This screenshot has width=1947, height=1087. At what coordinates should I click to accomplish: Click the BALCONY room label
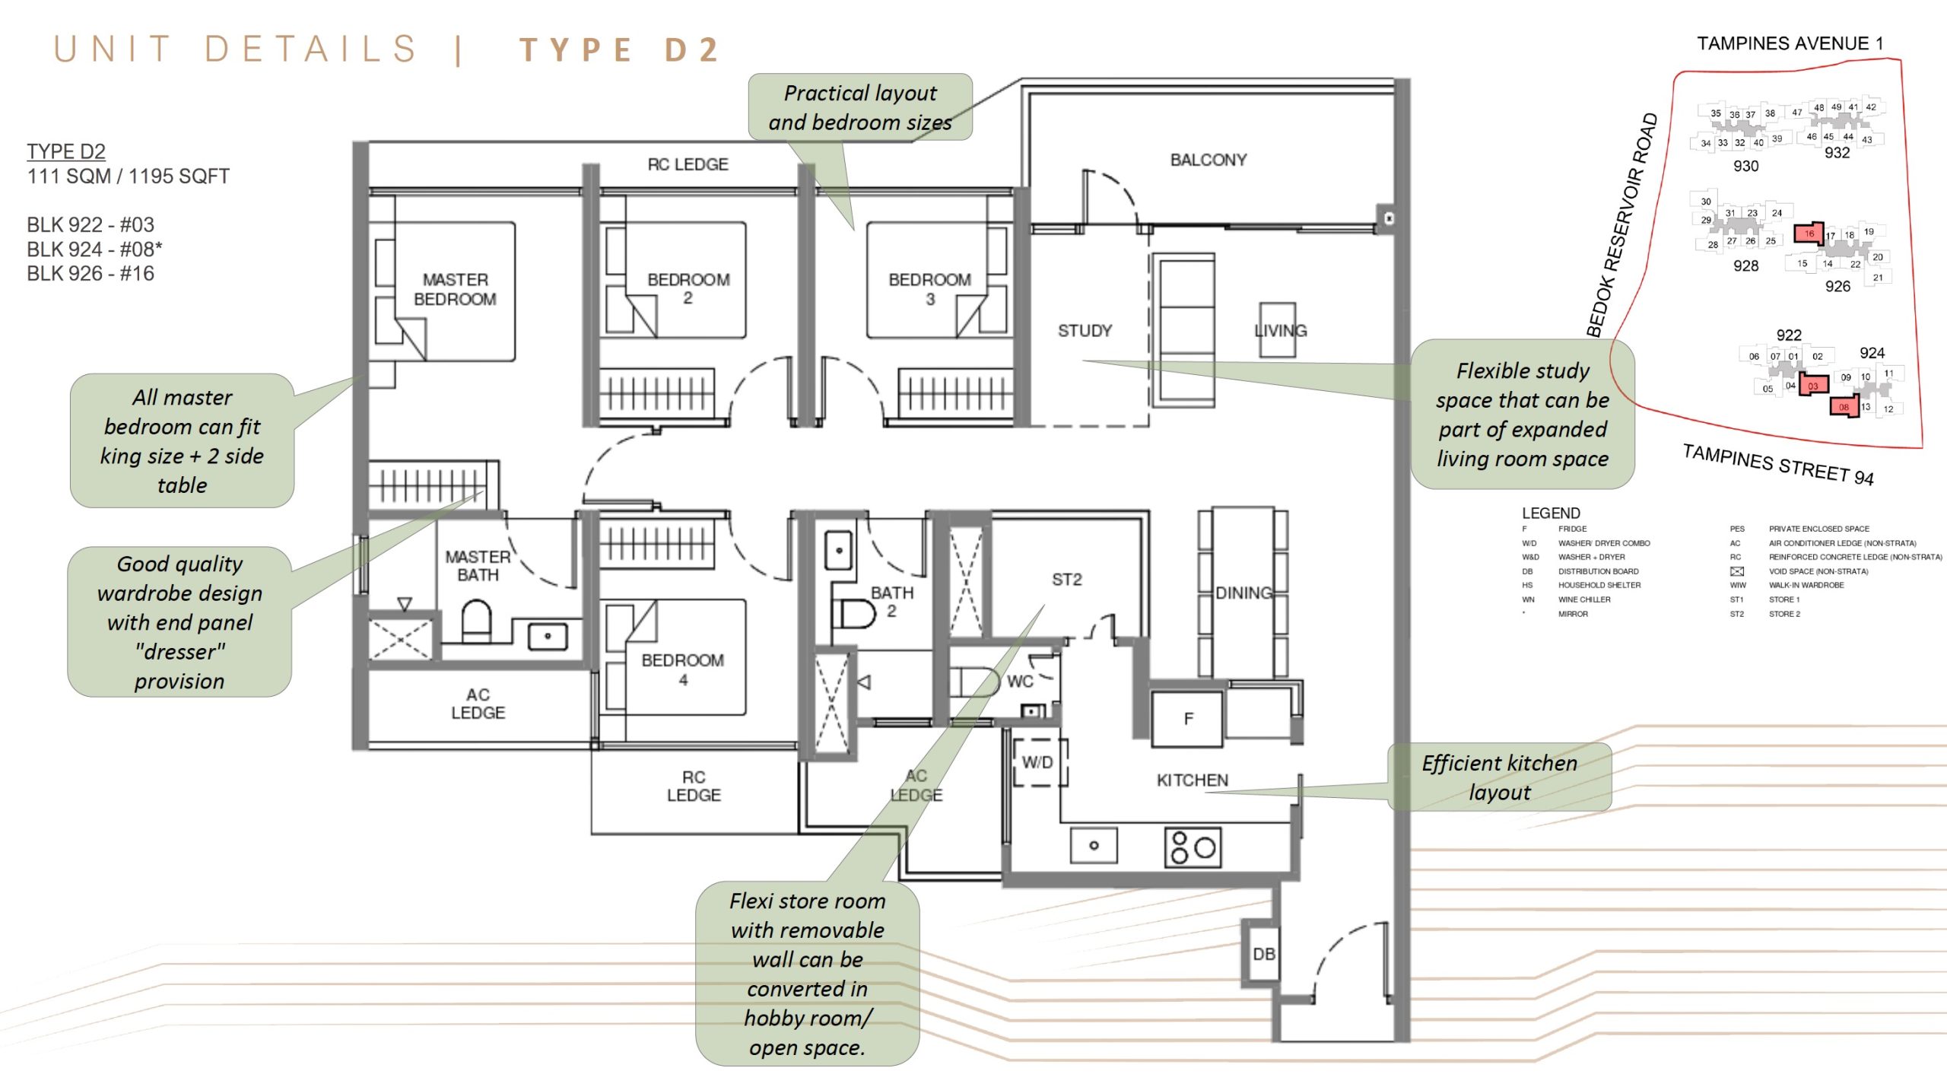click(x=1208, y=160)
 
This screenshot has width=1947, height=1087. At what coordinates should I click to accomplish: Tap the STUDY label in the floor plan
click(x=1085, y=331)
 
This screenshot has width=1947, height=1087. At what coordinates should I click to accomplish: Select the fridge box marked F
click(x=1187, y=719)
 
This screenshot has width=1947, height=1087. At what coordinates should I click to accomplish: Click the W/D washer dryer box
click(x=1037, y=762)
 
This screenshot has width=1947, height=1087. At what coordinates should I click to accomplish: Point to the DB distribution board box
click(x=1263, y=954)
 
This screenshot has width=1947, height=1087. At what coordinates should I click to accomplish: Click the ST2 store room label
click(x=1066, y=580)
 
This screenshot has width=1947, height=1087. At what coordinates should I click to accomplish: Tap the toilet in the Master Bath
click(x=477, y=621)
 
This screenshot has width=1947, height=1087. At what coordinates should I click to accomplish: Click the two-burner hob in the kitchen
click(x=1193, y=847)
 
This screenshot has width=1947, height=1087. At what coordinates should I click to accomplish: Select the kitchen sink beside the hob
click(x=1093, y=845)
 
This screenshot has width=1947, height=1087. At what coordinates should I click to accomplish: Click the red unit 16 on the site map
click(x=1809, y=234)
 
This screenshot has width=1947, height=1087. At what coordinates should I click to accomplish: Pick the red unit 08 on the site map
click(x=1843, y=406)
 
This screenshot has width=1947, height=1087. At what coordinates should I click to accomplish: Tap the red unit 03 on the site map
click(x=1813, y=385)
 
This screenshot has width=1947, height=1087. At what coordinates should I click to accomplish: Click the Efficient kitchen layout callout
click(x=1499, y=777)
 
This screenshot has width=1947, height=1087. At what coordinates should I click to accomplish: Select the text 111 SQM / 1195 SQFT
click(x=129, y=176)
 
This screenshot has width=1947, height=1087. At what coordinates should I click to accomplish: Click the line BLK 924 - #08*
click(x=94, y=250)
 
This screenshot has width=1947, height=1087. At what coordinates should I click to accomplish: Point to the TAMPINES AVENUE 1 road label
click(x=1790, y=43)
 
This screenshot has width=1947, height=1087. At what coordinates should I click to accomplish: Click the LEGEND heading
click(x=1551, y=513)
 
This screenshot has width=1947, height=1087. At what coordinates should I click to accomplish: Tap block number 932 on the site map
click(x=1837, y=153)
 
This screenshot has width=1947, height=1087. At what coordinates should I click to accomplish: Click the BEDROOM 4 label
click(x=682, y=669)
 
